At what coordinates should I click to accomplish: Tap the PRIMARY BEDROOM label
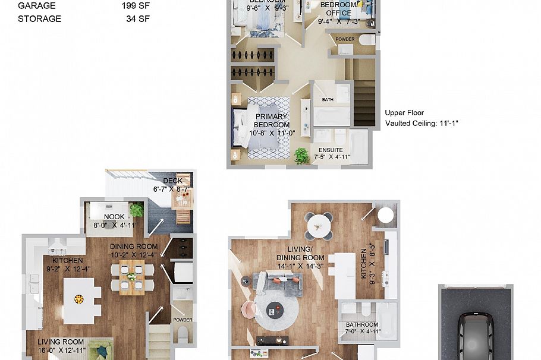[272, 121]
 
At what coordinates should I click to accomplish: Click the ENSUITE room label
[331, 150]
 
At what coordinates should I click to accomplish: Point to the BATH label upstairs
[328, 100]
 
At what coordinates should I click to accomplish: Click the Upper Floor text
[404, 113]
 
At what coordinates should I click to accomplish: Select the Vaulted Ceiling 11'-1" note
[422, 124]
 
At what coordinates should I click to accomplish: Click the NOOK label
[114, 217]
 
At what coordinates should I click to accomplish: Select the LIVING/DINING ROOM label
[300, 253]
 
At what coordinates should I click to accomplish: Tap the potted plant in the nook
[137, 210]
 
